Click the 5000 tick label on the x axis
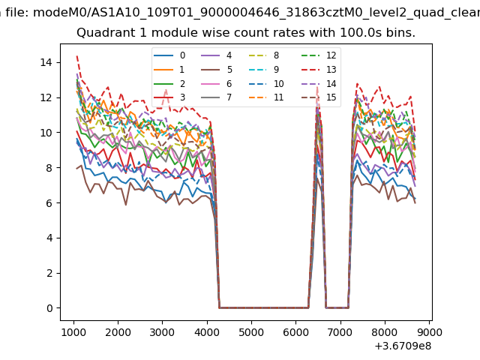(251, 331)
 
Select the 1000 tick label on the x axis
(73, 331)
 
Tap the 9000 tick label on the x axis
(429, 331)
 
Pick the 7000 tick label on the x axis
(340, 331)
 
